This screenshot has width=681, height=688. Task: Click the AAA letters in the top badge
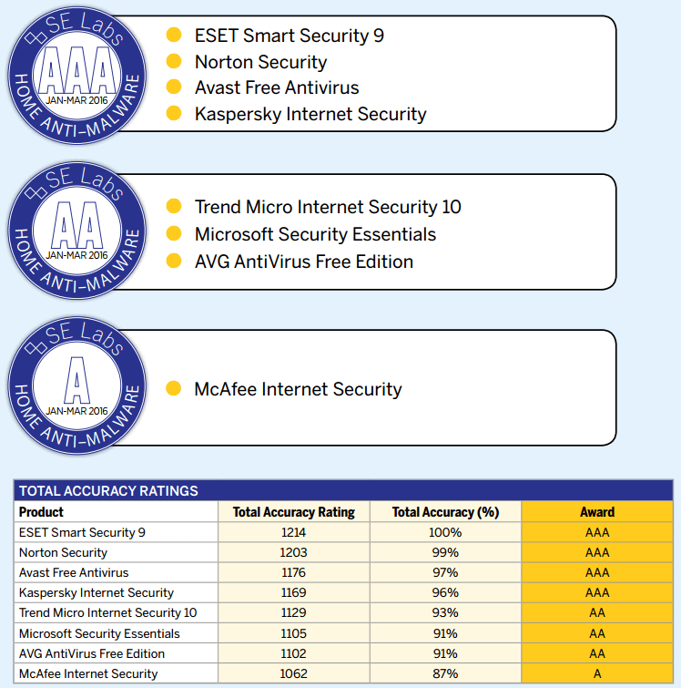(x=76, y=68)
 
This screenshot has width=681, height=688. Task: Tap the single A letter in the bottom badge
(x=76, y=378)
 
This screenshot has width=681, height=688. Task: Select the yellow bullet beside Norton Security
(x=174, y=62)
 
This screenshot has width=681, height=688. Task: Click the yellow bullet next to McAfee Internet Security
(x=174, y=389)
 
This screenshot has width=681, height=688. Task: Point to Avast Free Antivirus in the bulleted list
(x=277, y=88)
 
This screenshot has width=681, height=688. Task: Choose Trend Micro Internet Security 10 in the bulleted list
(x=328, y=207)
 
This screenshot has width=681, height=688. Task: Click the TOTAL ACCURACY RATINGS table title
(x=108, y=491)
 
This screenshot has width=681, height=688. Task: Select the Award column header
(x=597, y=512)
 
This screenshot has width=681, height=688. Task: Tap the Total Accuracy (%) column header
(x=445, y=512)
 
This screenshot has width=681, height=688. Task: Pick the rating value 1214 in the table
(x=294, y=532)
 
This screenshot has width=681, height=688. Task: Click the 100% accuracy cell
(x=445, y=532)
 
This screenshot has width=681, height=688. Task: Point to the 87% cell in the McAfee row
(x=445, y=674)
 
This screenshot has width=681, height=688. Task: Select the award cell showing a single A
(x=597, y=674)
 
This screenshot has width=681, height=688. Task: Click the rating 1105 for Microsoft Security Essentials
(x=294, y=633)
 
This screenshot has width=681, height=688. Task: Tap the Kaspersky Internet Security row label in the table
(x=97, y=593)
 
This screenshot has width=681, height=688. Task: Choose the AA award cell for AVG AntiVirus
(x=597, y=653)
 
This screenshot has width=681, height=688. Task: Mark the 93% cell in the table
(x=445, y=613)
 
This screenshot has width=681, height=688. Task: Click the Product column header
(x=42, y=512)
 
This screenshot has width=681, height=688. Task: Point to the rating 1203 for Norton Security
(x=294, y=552)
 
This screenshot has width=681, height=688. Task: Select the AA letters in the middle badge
(x=76, y=223)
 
